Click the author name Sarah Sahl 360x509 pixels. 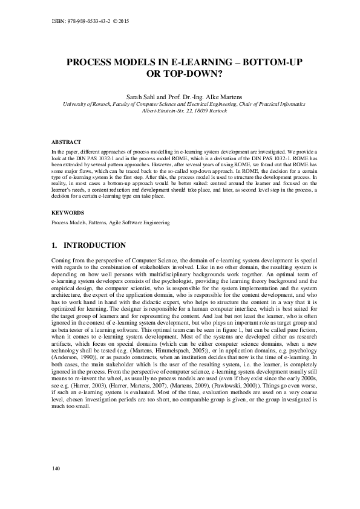141,97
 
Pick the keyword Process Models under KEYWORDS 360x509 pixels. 68,222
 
